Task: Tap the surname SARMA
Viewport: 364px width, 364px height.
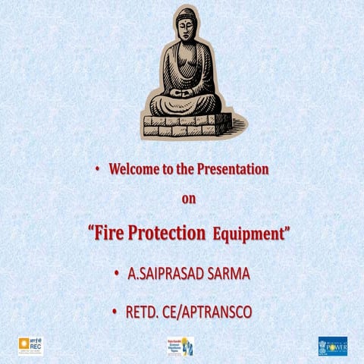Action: click(225, 273)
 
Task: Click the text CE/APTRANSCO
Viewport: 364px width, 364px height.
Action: click(208, 312)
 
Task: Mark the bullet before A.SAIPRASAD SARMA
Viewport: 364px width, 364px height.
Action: click(115, 273)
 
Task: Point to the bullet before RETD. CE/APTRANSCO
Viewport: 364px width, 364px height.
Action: click(115, 312)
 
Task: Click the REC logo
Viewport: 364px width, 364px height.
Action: click(30, 346)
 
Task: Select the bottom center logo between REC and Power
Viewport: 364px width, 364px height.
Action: click(180, 346)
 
